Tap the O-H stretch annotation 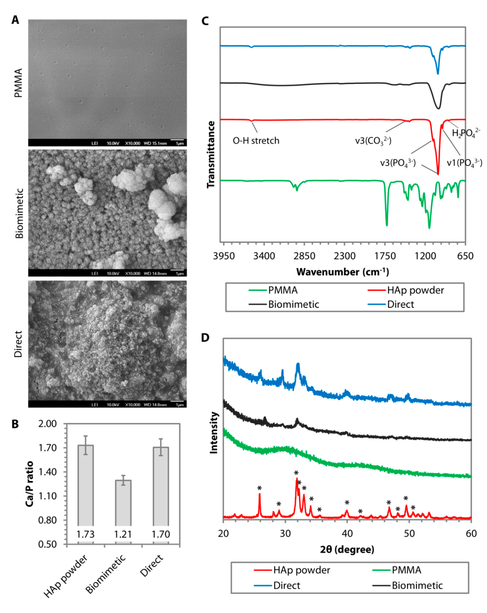point(256,141)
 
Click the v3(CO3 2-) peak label point(373,141)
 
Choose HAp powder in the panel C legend point(415,290)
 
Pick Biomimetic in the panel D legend point(417,585)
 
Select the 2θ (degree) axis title point(347,549)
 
